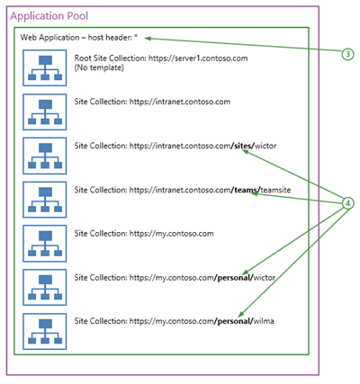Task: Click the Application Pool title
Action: pos(49,16)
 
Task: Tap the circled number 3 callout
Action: pos(347,54)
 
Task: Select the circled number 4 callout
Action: pos(347,203)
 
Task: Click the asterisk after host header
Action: pos(136,37)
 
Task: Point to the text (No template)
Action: pos(99,67)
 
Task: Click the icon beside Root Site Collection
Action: pos(45,68)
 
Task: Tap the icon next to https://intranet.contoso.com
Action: pos(45,112)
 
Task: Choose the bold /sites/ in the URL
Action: pos(243,146)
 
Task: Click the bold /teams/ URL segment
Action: pos(246,190)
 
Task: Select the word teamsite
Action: pos(275,190)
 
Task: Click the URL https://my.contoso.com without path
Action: pos(172,234)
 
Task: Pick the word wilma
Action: pos(264,321)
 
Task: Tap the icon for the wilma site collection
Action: pos(45,331)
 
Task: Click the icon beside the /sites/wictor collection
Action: pos(45,156)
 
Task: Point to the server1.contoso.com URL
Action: pos(198,58)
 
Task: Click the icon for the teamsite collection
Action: pos(45,200)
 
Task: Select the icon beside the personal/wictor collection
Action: pos(45,288)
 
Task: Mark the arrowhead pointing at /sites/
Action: pos(245,152)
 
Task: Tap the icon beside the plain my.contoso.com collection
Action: pos(45,244)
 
